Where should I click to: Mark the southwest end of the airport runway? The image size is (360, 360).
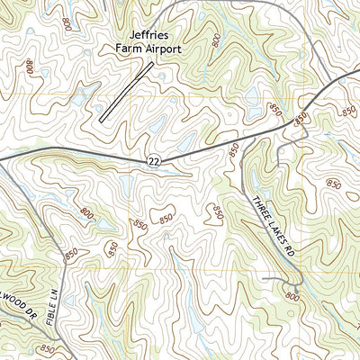[102, 120]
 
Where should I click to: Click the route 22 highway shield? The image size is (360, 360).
[154, 159]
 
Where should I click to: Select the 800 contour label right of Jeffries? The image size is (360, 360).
[216, 40]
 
